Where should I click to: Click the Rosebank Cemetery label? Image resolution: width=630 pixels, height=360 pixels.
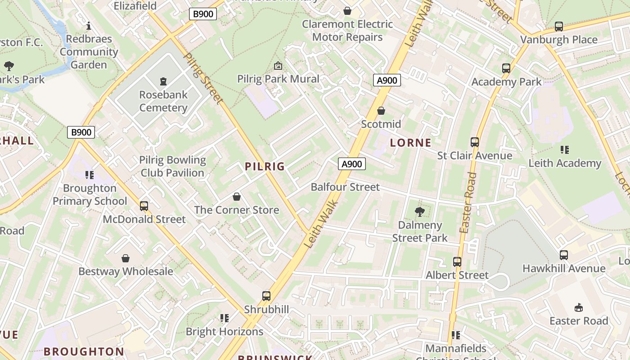[163, 101]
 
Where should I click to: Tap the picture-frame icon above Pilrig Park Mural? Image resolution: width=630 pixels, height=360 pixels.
[278, 66]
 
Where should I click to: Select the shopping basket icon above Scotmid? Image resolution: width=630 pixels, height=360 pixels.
[381, 110]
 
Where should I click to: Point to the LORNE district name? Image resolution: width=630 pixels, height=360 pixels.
[410, 143]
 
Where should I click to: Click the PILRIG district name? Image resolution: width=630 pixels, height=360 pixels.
[265, 166]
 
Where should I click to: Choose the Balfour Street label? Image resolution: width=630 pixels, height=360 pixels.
[345, 187]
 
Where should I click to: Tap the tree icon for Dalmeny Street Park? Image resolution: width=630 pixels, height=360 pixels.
[420, 211]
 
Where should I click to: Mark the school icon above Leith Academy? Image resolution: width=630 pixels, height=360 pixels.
[564, 149]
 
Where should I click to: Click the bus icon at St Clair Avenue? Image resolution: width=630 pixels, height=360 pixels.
[475, 142]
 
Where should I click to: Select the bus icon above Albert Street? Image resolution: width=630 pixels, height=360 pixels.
[457, 261]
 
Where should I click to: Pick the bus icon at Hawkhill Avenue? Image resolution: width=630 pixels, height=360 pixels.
[564, 255]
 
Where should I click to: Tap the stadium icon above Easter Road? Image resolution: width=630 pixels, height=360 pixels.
[579, 307]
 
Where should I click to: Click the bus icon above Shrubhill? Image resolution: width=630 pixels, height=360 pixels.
[266, 296]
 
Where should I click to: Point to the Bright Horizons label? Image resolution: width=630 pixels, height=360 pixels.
[225, 332]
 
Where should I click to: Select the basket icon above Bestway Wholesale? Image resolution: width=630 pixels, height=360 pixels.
[126, 258]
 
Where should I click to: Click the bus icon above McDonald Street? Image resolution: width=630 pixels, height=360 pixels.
[144, 206]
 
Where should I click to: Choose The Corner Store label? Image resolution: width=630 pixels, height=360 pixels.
[236, 210]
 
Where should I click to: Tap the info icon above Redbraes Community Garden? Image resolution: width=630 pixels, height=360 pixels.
[89, 26]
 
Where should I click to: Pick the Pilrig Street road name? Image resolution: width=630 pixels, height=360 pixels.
[204, 79]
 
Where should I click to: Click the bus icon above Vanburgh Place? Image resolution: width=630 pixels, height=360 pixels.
[559, 27]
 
